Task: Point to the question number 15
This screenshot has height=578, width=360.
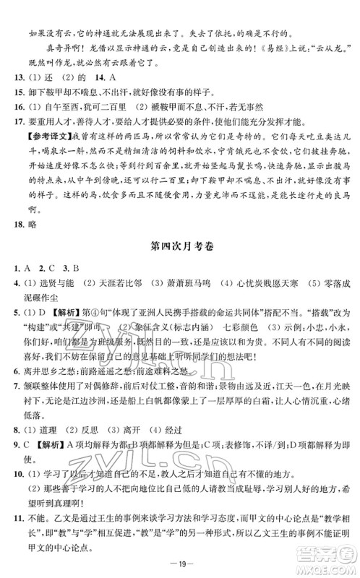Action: point(22,92)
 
